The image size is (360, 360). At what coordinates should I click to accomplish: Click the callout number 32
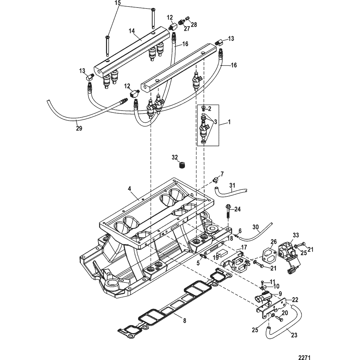175,157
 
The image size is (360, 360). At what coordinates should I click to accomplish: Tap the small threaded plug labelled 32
182,166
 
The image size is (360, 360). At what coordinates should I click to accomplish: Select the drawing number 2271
304,357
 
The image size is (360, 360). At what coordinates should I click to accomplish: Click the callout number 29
79,128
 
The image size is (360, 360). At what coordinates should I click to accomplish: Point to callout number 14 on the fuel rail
132,31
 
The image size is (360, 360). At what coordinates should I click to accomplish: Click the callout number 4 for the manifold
129,189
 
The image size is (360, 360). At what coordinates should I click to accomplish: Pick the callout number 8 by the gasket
185,320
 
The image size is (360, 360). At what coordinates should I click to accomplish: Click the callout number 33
296,235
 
